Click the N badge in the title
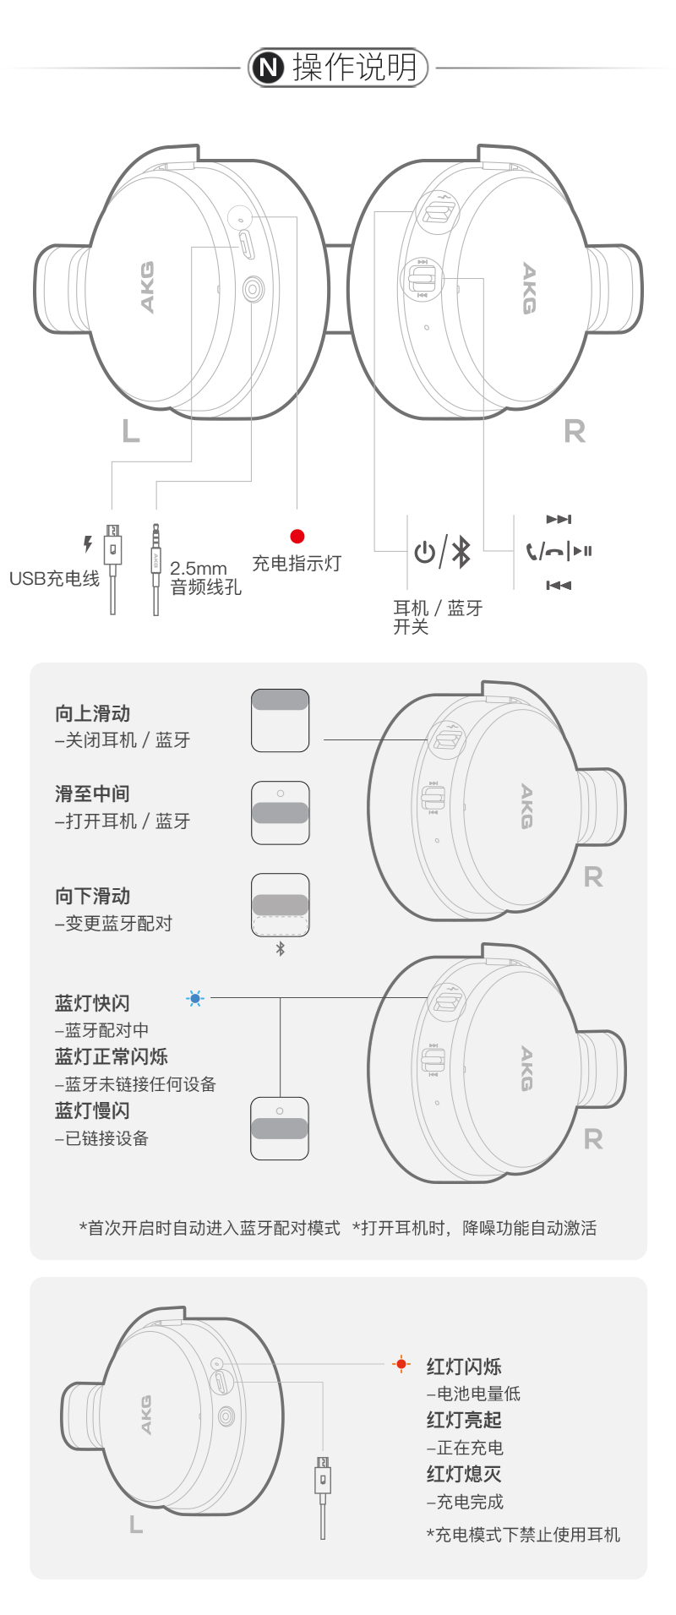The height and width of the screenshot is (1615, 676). pos(270,68)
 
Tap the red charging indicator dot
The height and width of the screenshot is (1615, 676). pos(297,536)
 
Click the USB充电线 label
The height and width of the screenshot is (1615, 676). pos(54,579)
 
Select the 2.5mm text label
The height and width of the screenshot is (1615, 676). pos(199,569)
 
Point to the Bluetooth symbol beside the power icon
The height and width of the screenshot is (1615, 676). pos(461,552)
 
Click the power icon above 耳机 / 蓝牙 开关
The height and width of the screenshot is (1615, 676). pos(425,552)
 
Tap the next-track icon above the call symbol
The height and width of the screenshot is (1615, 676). pos(559,519)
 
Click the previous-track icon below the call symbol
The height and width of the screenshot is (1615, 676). pos(559,585)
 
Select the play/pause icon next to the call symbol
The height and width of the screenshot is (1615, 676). pos(582,551)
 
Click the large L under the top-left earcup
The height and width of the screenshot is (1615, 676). pos(131,431)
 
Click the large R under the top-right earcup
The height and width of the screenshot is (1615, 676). pos(575,431)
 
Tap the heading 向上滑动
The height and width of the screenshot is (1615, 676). pos(93,714)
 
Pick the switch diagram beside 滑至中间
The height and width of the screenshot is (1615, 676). pos(281,813)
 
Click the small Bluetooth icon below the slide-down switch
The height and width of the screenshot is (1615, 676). pos(281,949)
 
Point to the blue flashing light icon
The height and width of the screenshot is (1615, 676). pos(195,998)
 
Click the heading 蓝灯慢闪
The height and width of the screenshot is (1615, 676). pos(92,1111)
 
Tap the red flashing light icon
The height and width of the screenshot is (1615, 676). pos(401,1364)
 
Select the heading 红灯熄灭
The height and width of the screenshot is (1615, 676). pos(464,1475)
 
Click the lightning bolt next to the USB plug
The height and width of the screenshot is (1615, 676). pos(87,544)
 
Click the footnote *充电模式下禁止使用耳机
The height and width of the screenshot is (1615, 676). pos(523,1535)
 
